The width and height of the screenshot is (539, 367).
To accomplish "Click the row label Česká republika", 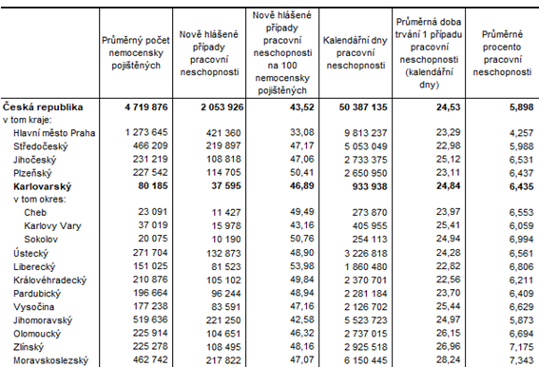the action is click(44, 107).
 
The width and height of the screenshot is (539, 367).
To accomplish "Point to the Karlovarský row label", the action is click(45, 188).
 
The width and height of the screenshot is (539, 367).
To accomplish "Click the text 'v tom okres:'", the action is click(39, 201).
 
